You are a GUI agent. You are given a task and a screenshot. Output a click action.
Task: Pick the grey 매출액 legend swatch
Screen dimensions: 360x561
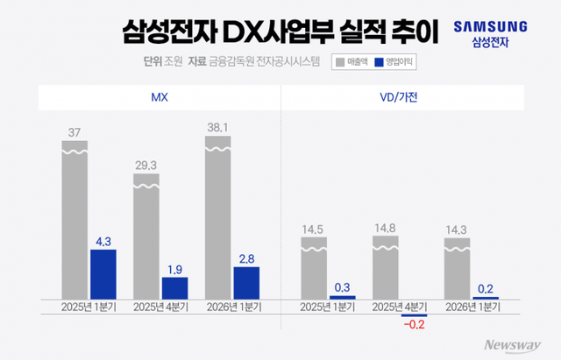click(339, 63)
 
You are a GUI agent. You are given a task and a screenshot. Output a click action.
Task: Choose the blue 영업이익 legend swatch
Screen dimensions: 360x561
click(379, 63)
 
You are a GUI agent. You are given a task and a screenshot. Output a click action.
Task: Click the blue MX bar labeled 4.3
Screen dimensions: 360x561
click(103, 272)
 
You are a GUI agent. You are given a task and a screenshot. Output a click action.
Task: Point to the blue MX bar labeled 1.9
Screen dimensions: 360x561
click(175, 287)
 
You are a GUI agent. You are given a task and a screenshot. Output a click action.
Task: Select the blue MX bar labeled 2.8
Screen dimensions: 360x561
click(246, 281)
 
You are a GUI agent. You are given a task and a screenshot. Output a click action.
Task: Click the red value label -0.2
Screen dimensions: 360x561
click(414, 326)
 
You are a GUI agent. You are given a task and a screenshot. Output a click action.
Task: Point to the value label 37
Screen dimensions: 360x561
click(75, 133)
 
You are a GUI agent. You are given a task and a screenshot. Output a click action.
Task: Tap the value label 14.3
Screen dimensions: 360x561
click(457, 230)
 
